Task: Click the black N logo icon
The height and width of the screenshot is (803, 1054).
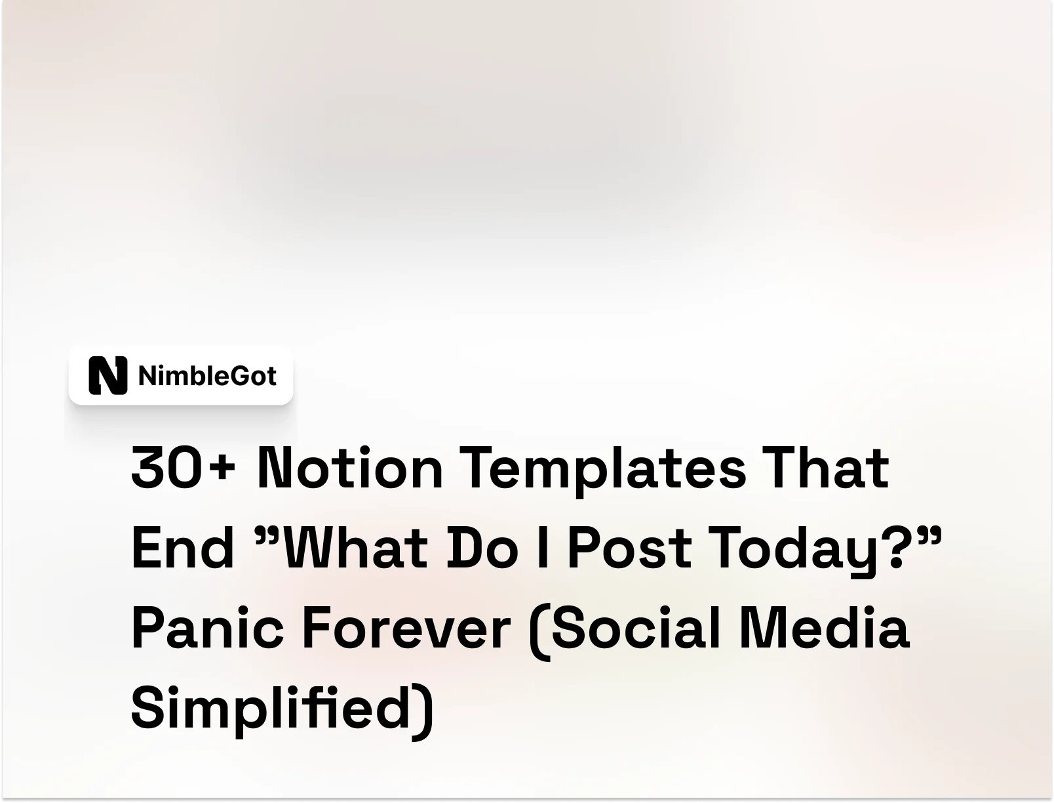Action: (107, 375)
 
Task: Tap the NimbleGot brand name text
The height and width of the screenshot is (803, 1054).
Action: (207, 376)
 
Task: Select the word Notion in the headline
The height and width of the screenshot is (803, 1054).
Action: (350, 468)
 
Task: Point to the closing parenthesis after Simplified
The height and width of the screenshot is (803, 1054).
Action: (425, 710)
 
